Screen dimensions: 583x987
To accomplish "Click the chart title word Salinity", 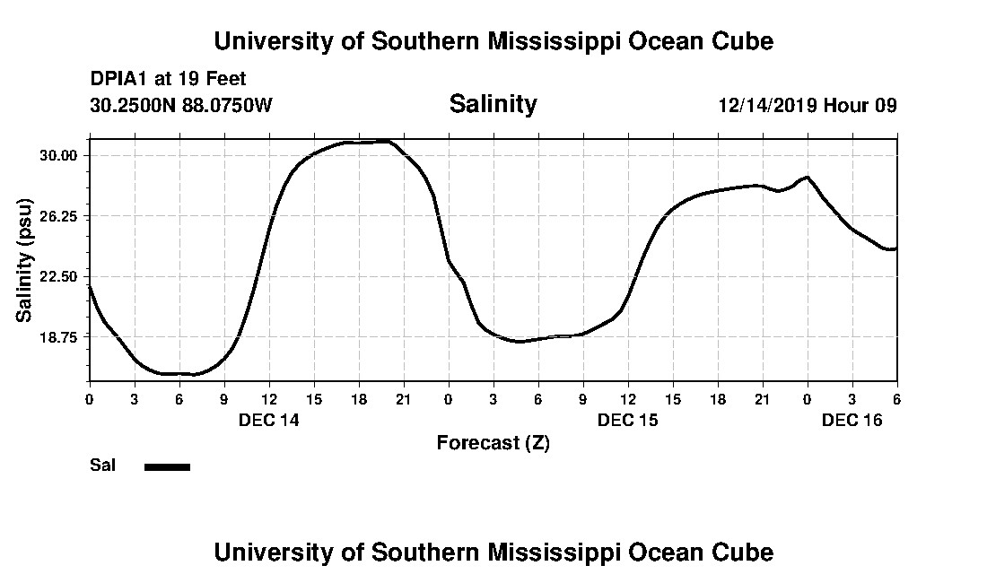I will click(493, 105).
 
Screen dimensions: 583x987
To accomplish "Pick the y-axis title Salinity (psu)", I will click(24, 259).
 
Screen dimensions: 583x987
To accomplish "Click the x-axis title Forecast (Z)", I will click(493, 443).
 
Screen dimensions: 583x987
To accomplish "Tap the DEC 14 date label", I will click(268, 420).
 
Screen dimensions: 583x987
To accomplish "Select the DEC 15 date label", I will click(628, 420).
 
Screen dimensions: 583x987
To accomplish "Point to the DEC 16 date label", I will click(852, 420).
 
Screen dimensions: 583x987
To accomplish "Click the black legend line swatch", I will click(168, 466).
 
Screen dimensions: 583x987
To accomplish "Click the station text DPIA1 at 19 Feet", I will click(168, 80).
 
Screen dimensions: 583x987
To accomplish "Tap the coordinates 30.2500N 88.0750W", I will click(181, 106).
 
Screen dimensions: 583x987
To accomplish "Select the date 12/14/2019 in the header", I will click(767, 106).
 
